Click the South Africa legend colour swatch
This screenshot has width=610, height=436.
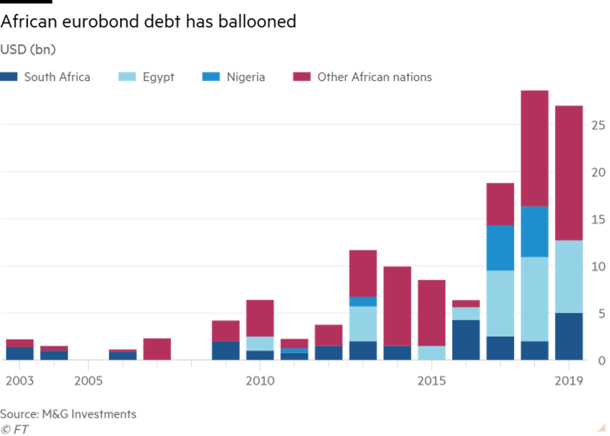point(9,77)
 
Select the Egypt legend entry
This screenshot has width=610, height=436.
point(158,77)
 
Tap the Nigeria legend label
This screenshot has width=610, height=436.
point(245,77)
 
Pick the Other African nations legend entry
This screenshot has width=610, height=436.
point(374,77)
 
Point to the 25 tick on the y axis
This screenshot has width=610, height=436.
point(598,125)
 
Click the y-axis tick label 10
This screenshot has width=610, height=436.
point(598,267)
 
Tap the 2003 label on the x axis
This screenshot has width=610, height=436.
point(19,380)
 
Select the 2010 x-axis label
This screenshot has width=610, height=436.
point(260,380)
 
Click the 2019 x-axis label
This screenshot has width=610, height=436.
point(569,380)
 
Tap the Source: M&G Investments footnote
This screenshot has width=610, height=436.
point(68,414)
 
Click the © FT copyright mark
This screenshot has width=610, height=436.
point(14,428)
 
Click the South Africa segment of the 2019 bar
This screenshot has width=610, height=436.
point(569,336)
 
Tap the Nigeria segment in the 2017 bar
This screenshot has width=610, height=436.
point(500,248)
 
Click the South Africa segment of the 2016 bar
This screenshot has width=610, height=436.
point(466,339)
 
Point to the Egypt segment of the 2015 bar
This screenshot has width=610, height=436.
point(432,352)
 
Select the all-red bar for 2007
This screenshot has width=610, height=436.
point(156,348)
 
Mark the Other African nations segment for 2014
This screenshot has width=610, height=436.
point(397,306)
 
